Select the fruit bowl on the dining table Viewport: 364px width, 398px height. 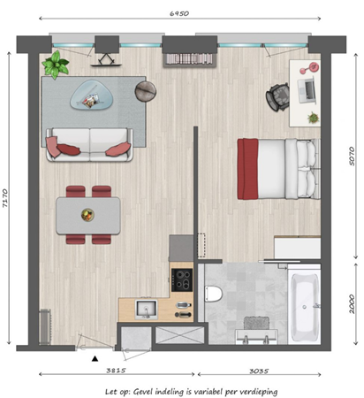click(87, 213)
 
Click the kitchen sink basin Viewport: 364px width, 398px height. click(145, 309)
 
